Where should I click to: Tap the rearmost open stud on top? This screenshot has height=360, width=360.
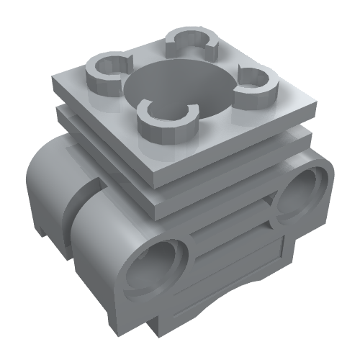pyautogui.click(x=192, y=45)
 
